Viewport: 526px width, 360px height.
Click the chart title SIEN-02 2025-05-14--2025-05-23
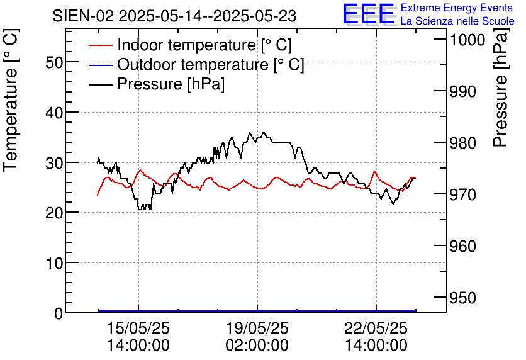(x=174, y=16)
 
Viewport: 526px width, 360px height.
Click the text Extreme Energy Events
(x=457, y=8)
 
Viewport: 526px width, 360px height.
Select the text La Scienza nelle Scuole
(x=457, y=21)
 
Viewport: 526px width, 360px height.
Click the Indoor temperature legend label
(x=204, y=45)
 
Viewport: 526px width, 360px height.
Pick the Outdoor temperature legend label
(x=211, y=65)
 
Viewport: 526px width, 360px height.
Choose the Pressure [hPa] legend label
(x=171, y=84)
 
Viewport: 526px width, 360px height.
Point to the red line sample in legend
(x=101, y=46)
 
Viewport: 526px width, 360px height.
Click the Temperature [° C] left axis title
(x=11, y=111)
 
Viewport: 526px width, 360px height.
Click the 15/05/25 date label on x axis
(x=138, y=329)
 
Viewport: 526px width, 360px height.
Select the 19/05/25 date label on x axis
(x=257, y=329)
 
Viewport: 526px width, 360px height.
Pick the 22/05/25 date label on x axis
(x=376, y=329)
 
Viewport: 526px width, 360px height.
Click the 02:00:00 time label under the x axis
(x=257, y=346)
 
